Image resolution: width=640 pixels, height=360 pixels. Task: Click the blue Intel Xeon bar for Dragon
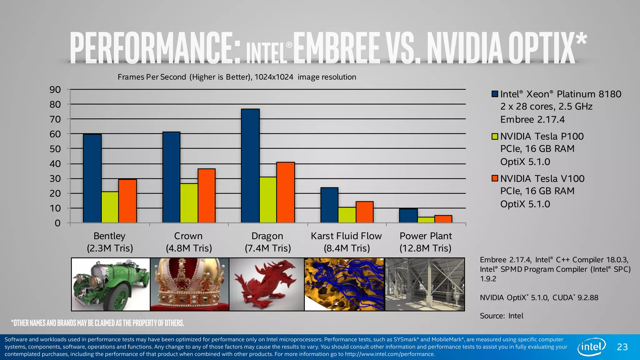click(250, 166)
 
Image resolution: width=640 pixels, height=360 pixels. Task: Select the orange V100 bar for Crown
click(206, 196)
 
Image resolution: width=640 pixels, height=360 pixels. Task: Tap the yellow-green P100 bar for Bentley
click(110, 207)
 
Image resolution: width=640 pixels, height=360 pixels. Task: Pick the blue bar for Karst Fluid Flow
click(329, 205)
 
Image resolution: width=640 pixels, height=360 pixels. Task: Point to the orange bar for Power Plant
click(443, 219)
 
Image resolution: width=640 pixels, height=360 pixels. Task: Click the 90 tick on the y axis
click(55, 90)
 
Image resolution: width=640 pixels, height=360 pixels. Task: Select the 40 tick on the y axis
click(55, 164)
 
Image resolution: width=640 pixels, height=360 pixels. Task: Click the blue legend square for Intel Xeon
click(495, 94)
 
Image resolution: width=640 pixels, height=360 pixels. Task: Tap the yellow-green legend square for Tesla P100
click(495, 136)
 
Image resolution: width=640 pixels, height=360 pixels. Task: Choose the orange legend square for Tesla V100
click(495, 178)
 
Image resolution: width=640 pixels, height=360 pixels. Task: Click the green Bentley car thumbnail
click(111, 284)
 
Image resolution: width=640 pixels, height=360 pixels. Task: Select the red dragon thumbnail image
click(267, 284)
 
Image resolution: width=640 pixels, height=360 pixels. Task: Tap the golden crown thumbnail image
click(189, 284)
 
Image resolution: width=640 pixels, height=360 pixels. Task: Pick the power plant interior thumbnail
click(425, 284)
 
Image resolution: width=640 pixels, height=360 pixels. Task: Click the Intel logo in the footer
click(592, 347)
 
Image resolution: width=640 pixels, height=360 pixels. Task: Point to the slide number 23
click(622, 347)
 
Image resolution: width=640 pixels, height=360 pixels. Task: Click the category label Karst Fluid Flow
click(346, 236)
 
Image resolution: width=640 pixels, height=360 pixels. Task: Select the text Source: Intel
click(501, 316)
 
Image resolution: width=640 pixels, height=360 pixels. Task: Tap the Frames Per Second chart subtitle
click(237, 77)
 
